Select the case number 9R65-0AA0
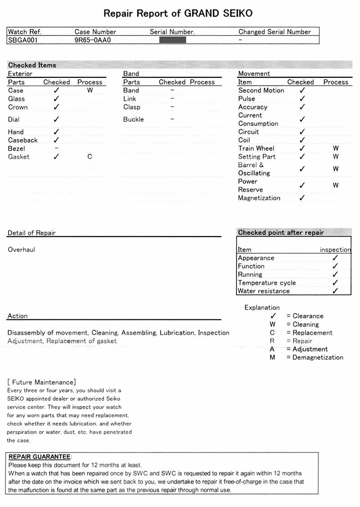pos(93,40)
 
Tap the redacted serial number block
pos(173,40)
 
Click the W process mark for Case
pos(90,90)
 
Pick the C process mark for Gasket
pos(90,157)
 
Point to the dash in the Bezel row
pos(56,148)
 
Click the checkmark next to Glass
pos(56,99)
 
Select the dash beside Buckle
pos(172,119)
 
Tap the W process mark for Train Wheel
pos(336,148)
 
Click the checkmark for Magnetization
pos(302,198)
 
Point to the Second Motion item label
pos(261,90)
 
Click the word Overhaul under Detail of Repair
pos(21,249)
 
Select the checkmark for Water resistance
pos(335,291)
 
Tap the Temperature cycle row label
pos(267,283)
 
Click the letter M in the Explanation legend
pos(272,357)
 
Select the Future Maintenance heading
pos(42,382)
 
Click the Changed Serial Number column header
pos(274,32)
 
